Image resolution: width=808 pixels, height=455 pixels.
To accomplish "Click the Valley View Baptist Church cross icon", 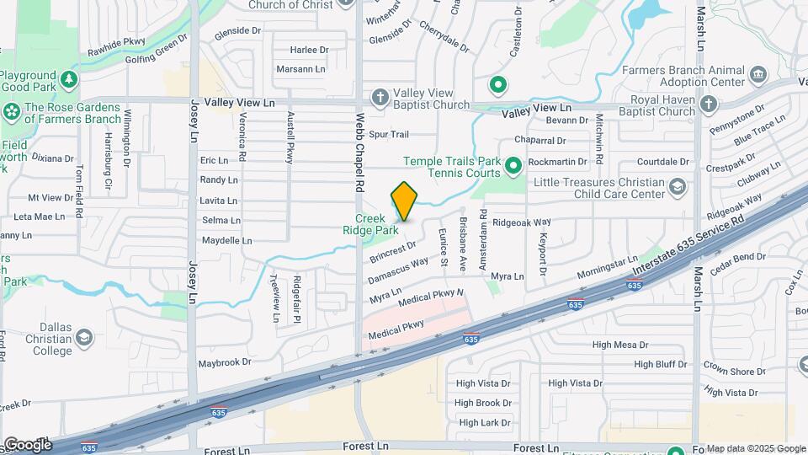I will [x=380, y=98].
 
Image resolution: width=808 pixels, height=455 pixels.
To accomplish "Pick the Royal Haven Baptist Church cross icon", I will [x=709, y=104].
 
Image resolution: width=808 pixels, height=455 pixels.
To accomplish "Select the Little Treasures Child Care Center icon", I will [x=678, y=187].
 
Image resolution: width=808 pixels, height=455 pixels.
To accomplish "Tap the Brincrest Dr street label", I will [x=392, y=251].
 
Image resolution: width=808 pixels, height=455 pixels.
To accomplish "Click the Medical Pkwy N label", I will [x=432, y=297].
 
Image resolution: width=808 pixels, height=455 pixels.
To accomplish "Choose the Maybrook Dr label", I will [x=225, y=362].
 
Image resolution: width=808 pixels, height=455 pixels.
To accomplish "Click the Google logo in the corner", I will [x=27, y=444].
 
